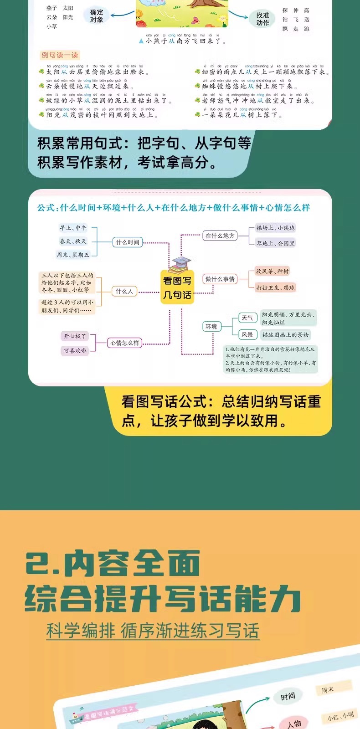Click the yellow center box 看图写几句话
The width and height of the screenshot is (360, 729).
pos(177,288)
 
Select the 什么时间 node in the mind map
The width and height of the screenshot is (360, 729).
pos(128,242)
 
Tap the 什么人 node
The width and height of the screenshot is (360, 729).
pos(124,291)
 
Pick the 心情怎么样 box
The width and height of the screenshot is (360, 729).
pos(124,343)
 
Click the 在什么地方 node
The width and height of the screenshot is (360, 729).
pos(220,236)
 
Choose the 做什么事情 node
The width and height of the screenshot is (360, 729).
pos(220,279)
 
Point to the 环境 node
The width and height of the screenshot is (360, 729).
pos(211,326)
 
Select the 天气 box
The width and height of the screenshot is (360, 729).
pos(247,318)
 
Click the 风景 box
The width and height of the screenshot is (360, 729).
pos(247,334)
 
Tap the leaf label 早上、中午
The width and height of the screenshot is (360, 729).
pos(73,228)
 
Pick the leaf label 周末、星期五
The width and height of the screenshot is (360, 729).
pos(73,255)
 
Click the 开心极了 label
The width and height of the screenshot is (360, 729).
pos(75,336)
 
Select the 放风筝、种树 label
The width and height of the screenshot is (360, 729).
pos(272,271)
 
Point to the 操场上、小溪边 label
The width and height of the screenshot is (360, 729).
pos(275,228)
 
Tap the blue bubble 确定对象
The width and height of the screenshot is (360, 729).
pos(97,16)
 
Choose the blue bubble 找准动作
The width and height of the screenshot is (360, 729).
pos(262,19)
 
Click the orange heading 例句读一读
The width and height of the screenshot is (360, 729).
pos(60,55)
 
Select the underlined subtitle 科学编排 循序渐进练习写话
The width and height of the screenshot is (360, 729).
pos(153,631)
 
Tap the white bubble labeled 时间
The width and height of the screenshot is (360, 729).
pos(288,696)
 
